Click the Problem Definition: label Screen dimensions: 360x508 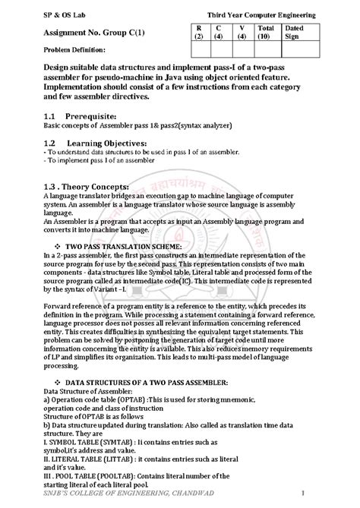(x=68, y=60)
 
